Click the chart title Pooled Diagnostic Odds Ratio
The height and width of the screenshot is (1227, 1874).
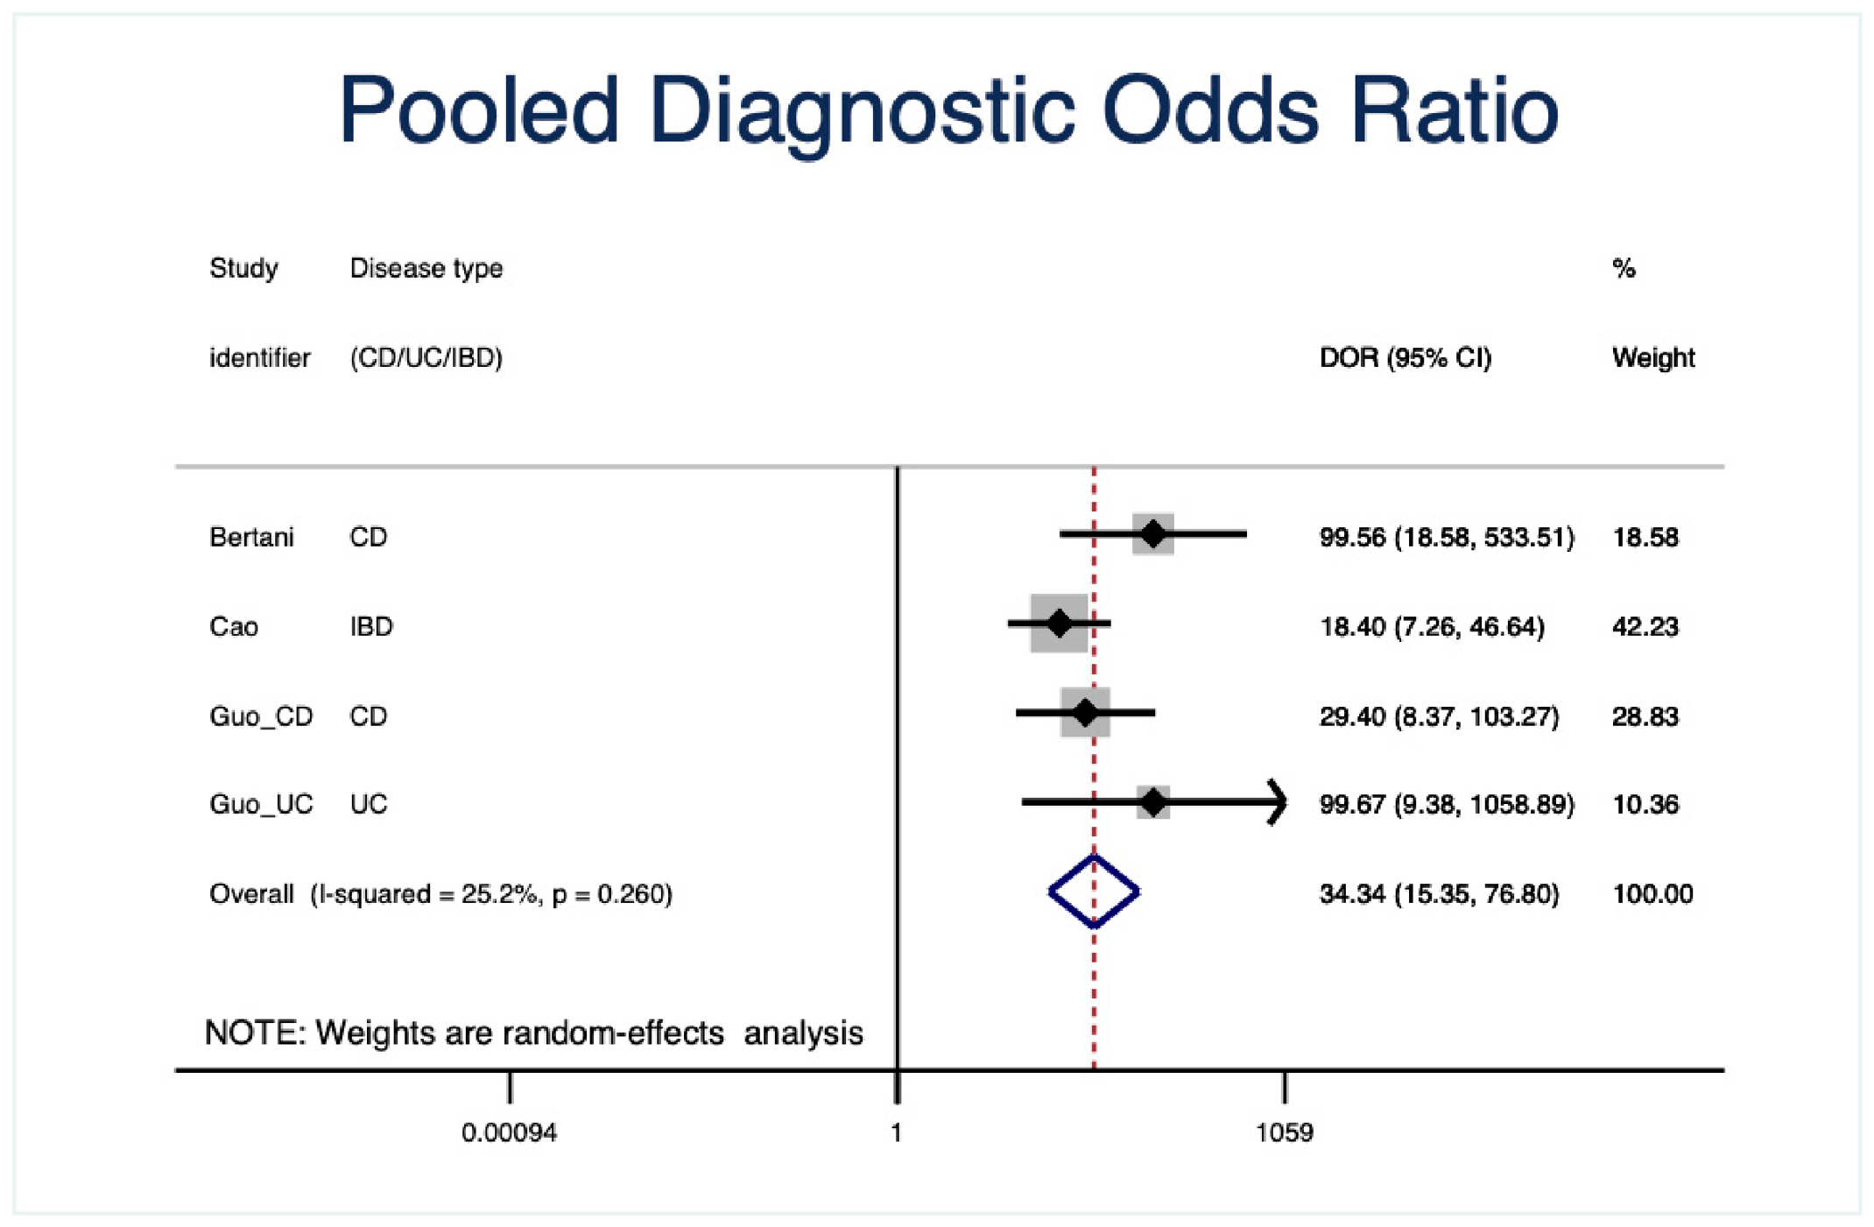(x=948, y=112)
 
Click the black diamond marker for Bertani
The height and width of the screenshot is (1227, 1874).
(x=1153, y=533)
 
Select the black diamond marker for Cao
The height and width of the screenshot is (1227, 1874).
(x=1060, y=624)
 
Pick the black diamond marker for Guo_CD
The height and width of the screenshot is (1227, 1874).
(x=1085, y=713)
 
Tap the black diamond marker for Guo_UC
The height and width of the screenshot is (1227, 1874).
(x=1154, y=801)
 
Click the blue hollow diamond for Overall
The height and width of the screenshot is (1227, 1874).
(x=1094, y=892)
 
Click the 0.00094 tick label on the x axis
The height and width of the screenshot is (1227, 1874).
(x=509, y=1133)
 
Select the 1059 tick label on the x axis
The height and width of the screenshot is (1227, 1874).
(x=1285, y=1133)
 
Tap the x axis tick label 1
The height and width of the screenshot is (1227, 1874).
(x=896, y=1133)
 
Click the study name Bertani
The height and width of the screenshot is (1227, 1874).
(x=252, y=537)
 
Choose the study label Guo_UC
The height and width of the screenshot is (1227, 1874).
(x=261, y=805)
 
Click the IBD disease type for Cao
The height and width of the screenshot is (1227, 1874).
(x=371, y=627)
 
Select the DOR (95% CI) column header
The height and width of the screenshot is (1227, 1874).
(x=1405, y=358)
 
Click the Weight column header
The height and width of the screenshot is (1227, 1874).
(x=1653, y=358)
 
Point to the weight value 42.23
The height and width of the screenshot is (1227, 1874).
(x=1645, y=627)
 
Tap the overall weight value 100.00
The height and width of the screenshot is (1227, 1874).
(x=1653, y=894)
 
